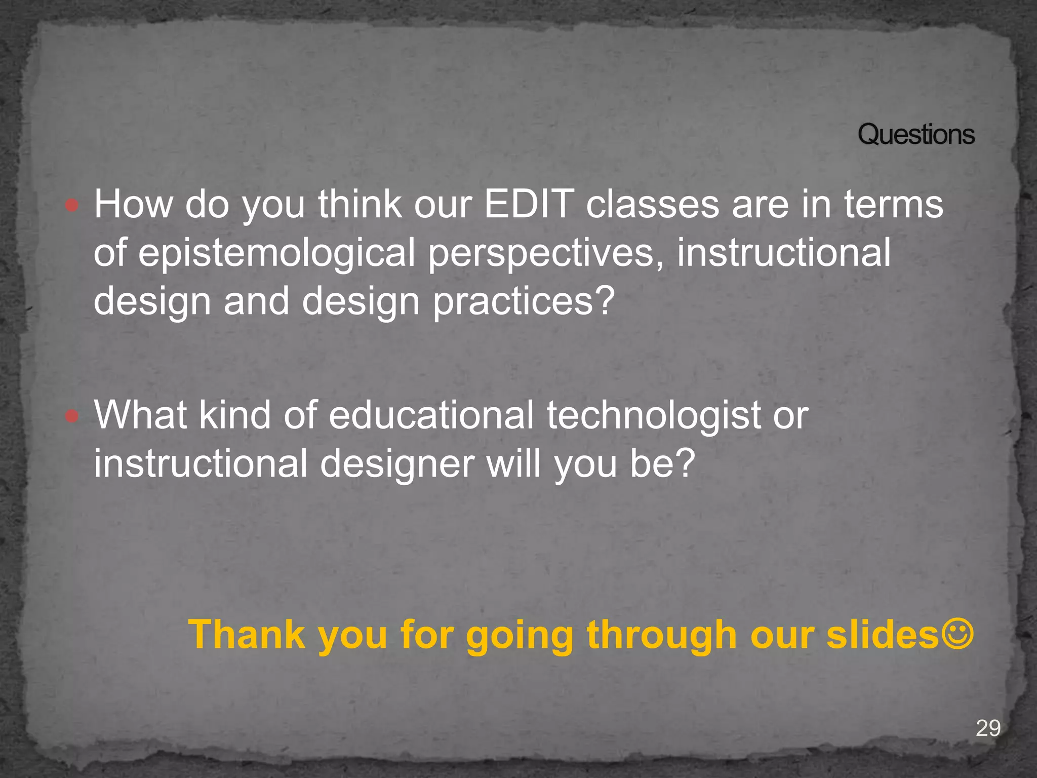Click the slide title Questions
click(x=915, y=135)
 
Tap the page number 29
click(x=988, y=728)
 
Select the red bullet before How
click(x=72, y=205)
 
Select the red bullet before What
click(x=72, y=416)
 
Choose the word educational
click(x=431, y=415)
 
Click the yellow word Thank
click(x=247, y=634)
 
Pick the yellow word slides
click(x=883, y=634)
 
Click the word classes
click(x=652, y=204)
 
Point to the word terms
click(x=893, y=204)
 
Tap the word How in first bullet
click(x=133, y=204)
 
